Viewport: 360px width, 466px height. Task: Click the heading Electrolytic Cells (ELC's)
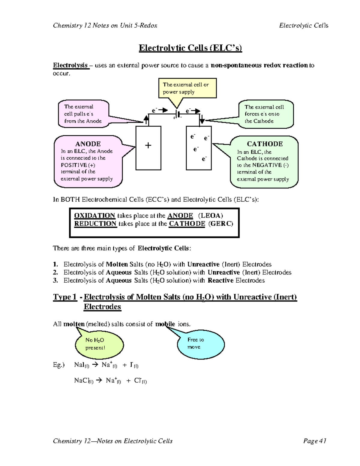click(190, 48)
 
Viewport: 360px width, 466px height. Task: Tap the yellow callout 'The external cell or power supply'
click(187, 88)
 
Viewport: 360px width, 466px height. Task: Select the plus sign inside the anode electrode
click(148, 146)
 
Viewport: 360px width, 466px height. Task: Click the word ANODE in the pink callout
click(88, 144)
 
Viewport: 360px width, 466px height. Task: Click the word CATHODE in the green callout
click(265, 144)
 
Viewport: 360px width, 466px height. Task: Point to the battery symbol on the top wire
click(178, 114)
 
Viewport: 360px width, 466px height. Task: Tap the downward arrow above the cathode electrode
click(202, 119)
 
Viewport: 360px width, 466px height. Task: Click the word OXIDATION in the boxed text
click(94, 215)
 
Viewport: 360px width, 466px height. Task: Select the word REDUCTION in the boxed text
click(95, 224)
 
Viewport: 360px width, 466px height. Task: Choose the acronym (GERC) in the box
click(220, 224)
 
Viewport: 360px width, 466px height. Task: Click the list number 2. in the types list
click(55, 272)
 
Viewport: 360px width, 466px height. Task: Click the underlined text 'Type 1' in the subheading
click(65, 297)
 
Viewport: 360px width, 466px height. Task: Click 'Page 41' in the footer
click(315, 441)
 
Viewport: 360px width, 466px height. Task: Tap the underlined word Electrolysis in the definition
click(70, 65)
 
